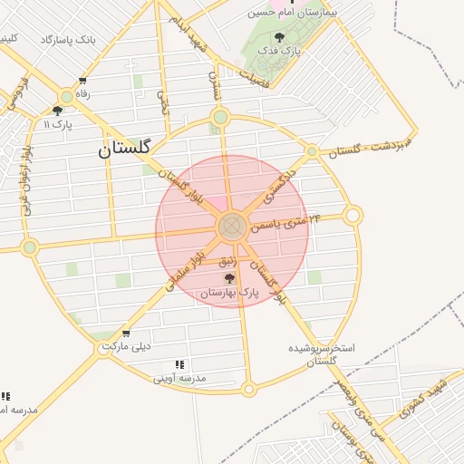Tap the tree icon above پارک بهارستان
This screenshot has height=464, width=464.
click(229, 278)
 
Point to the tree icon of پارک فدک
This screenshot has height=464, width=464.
click(278, 37)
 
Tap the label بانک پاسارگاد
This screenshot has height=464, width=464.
click(69, 41)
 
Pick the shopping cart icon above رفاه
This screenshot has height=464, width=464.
click(83, 81)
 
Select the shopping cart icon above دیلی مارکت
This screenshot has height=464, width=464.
click(125, 333)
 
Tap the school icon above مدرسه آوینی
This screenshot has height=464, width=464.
click(179, 363)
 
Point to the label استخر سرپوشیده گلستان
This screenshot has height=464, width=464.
click(322, 353)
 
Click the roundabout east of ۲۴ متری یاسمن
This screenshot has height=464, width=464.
click(353, 216)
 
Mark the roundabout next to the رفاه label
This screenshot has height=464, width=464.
click(66, 97)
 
